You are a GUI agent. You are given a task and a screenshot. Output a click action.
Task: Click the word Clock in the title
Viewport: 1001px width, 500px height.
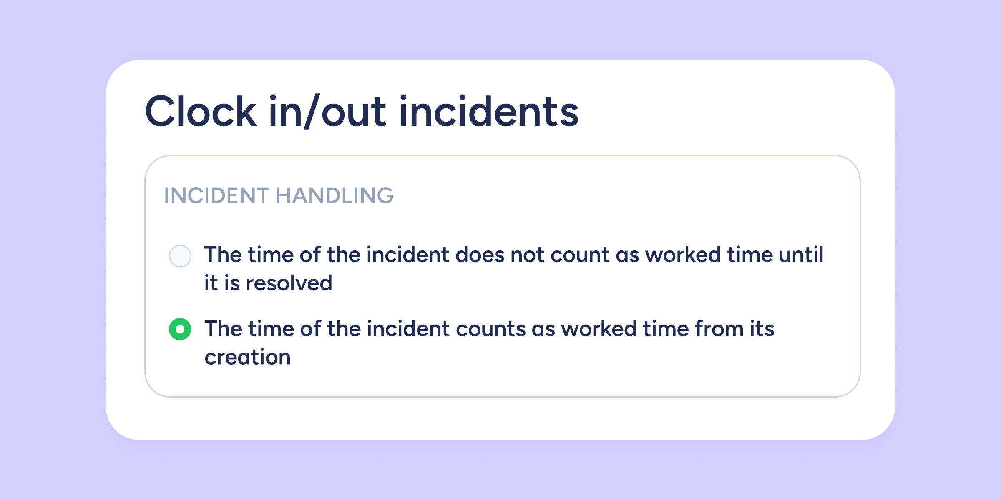pyautogui.click(x=201, y=111)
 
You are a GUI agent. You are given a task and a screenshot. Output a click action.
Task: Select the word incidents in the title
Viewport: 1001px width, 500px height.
pyautogui.click(x=489, y=111)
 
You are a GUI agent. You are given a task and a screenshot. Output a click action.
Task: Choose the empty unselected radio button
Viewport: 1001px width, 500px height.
pyautogui.click(x=180, y=256)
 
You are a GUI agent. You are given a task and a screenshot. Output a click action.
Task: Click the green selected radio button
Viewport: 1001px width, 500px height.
pyautogui.click(x=180, y=329)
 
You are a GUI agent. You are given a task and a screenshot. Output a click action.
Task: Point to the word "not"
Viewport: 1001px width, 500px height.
pyautogui.click(x=527, y=255)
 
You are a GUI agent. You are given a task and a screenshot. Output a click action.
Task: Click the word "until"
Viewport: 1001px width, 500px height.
pyautogui.click(x=801, y=255)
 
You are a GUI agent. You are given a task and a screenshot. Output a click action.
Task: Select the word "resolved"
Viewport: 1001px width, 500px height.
pyautogui.click(x=289, y=283)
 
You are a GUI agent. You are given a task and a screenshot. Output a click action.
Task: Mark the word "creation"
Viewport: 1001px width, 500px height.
pyautogui.click(x=247, y=357)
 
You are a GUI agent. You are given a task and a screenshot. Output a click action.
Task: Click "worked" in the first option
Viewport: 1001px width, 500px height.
pyautogui.click(x=683, y=255)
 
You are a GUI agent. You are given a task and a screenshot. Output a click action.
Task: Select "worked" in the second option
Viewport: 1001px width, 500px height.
pyautogui.click(x=599, y=329)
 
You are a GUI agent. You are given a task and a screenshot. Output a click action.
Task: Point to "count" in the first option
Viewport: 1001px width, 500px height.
pyautogui.click(x=580, y=255)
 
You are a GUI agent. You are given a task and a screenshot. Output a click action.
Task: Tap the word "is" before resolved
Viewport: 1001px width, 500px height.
pyautogui.click(x=232, y=283)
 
